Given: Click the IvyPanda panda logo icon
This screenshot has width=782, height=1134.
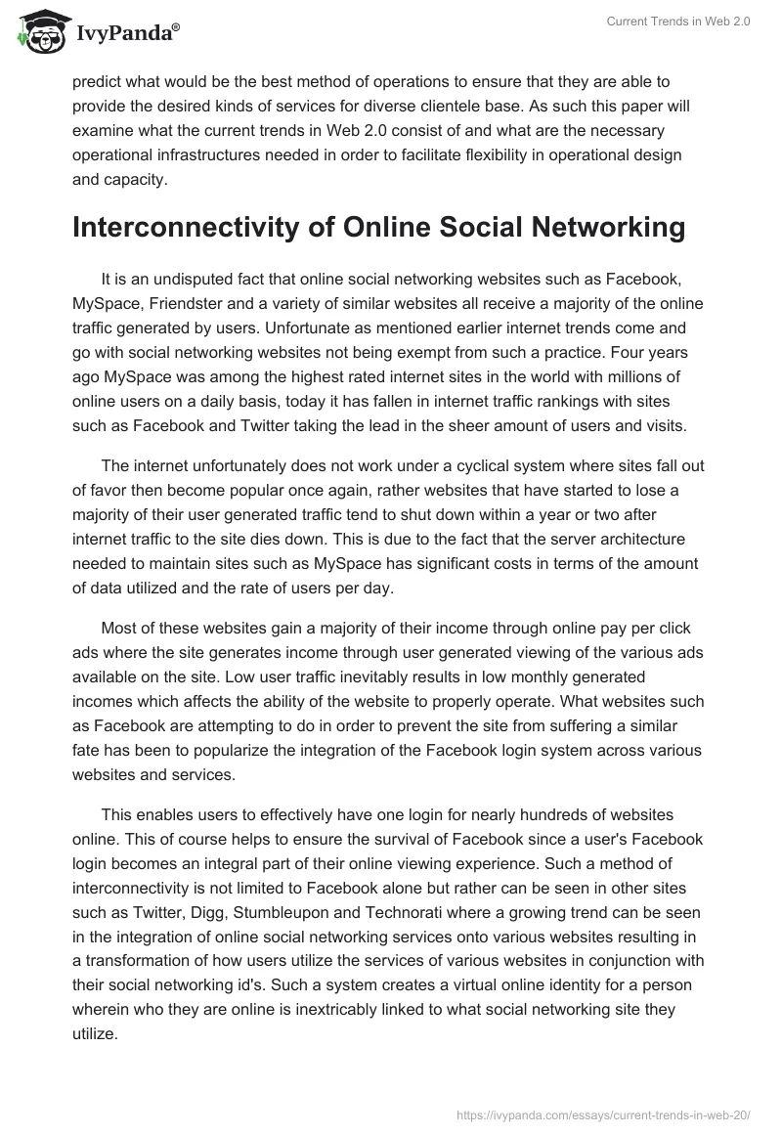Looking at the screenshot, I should point(38,32).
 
